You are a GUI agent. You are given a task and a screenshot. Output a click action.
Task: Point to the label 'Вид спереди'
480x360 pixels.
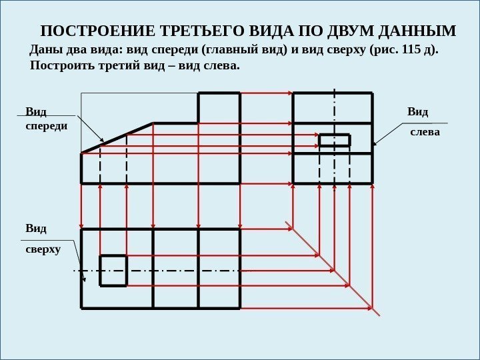tap(46, 117)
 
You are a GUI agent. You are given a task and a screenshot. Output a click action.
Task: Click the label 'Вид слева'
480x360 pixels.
tap(424, 121)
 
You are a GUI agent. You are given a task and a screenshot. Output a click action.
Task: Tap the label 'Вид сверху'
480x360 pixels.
tap(42, 239)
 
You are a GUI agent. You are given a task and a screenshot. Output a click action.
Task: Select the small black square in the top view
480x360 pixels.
tap(113, 270)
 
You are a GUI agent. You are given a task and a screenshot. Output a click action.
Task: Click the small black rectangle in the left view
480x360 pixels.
tap(335, 140)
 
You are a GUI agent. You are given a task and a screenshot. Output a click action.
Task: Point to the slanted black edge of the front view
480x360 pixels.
tap(117, 138)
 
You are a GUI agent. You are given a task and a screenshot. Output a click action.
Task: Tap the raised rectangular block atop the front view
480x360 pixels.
tap(219, 108)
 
